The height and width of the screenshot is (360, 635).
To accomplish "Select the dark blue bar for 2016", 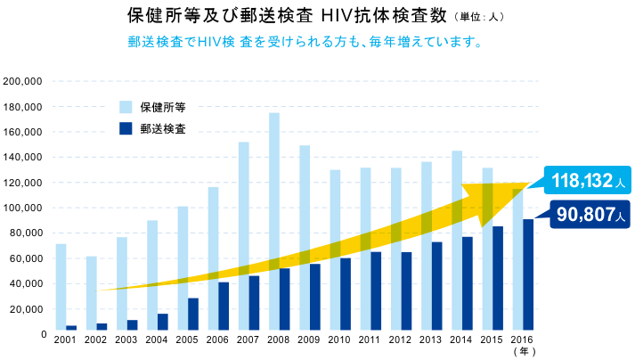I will [x=528, y=276].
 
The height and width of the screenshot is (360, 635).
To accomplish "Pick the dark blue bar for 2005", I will [x=193, y=315].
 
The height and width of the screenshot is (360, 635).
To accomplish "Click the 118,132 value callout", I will [x=588, y=182].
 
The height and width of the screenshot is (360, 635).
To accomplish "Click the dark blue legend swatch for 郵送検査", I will [x=125, y=128].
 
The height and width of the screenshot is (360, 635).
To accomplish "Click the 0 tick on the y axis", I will [x=41, y=334].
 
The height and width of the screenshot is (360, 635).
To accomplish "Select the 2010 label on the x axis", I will [x=338, y=341].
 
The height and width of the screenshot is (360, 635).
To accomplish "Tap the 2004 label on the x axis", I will [x=156, y=341].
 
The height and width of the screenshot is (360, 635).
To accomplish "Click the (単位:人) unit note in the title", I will [x=482, y=17].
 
